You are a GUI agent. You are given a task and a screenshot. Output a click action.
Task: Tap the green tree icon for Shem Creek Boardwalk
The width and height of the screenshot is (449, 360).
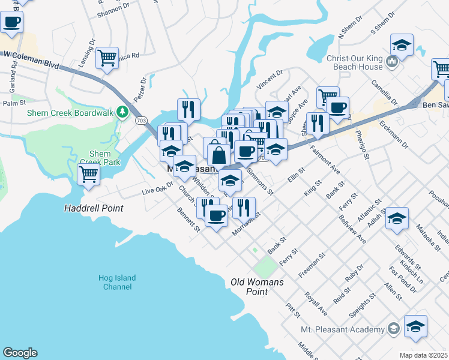pos(122,112)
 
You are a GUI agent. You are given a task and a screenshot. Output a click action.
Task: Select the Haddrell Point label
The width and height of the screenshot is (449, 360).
pos(94,208)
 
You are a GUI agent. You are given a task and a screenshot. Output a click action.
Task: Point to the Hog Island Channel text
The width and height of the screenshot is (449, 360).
pos(116,282)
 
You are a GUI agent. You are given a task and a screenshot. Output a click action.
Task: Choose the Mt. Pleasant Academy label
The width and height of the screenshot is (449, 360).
pos(342,329)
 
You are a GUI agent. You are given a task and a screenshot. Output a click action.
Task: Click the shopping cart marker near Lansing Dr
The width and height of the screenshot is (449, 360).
pos(107,58)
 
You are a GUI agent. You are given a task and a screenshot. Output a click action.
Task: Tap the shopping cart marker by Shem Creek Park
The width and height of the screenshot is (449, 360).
pos(89,175)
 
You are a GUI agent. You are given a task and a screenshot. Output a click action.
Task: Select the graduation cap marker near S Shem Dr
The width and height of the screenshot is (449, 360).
pos(401,46)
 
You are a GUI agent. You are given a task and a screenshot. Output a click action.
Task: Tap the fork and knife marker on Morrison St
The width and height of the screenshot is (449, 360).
pos(243,208)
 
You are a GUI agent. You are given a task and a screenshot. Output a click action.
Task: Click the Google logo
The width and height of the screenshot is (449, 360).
pos(20,353)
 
